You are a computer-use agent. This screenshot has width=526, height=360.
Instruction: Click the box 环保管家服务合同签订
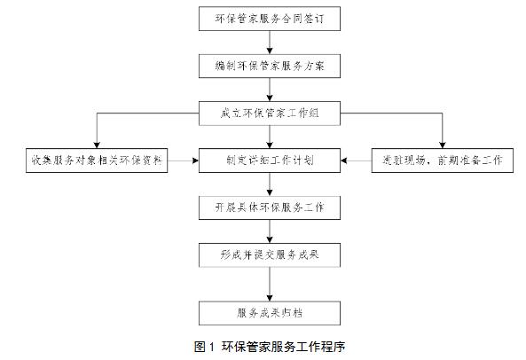[x=265, y=18]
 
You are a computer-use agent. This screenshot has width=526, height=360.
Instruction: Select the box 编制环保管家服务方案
[x=265, y=65]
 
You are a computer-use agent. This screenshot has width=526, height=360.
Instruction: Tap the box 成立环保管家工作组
[x=265, y=113]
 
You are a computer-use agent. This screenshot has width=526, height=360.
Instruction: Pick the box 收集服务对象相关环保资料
[x=97, y=160]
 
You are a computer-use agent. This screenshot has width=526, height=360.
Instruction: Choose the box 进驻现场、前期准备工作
[x=441, y=160]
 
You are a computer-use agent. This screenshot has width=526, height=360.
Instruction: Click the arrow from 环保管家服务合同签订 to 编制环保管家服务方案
[x=265, y=41]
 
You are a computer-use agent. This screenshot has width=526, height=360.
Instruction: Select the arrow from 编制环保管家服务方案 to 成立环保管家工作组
[x=265, y=89]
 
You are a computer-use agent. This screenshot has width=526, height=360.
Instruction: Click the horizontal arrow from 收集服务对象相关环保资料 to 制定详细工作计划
[x=184, y=160]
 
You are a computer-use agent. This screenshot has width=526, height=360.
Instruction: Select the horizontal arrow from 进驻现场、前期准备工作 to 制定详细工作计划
[x=357, y=160]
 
